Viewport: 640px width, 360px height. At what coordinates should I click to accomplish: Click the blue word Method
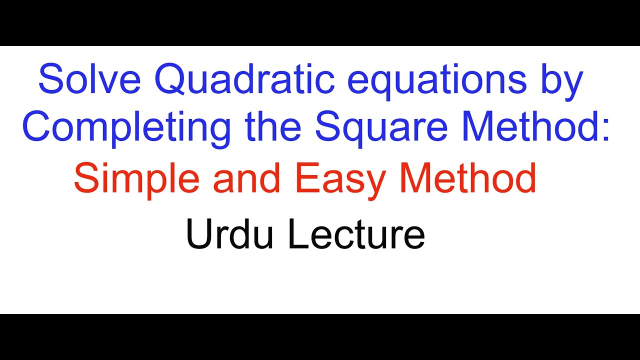click(525, 127)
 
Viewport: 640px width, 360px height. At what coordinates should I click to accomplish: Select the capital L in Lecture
click(297, 234)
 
